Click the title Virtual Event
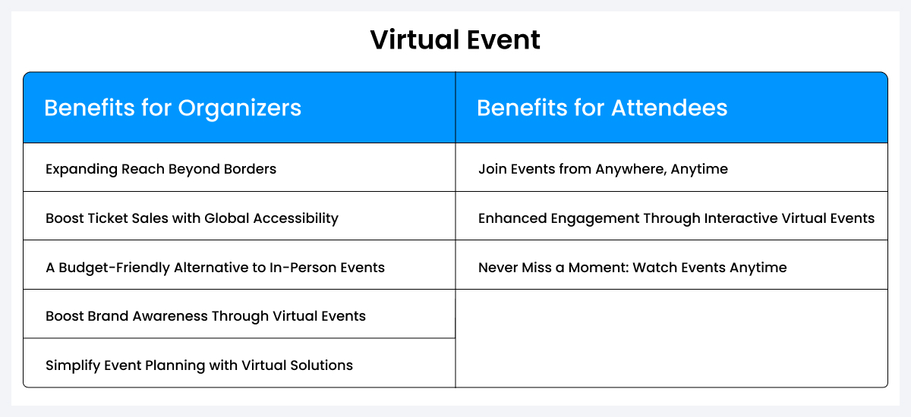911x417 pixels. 455,40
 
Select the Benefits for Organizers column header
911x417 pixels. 172,108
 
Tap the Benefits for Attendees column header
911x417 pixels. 602,108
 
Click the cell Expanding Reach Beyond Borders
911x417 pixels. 161,168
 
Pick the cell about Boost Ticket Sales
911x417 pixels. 191,218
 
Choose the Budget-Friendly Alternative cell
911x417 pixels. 215,267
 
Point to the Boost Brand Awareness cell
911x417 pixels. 205,315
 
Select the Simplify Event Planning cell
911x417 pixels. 199,365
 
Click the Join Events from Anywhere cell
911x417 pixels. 603,168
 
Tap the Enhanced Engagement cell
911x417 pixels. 676,218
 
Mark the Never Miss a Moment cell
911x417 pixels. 632,267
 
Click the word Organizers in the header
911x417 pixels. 239,108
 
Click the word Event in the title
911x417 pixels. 503,40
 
